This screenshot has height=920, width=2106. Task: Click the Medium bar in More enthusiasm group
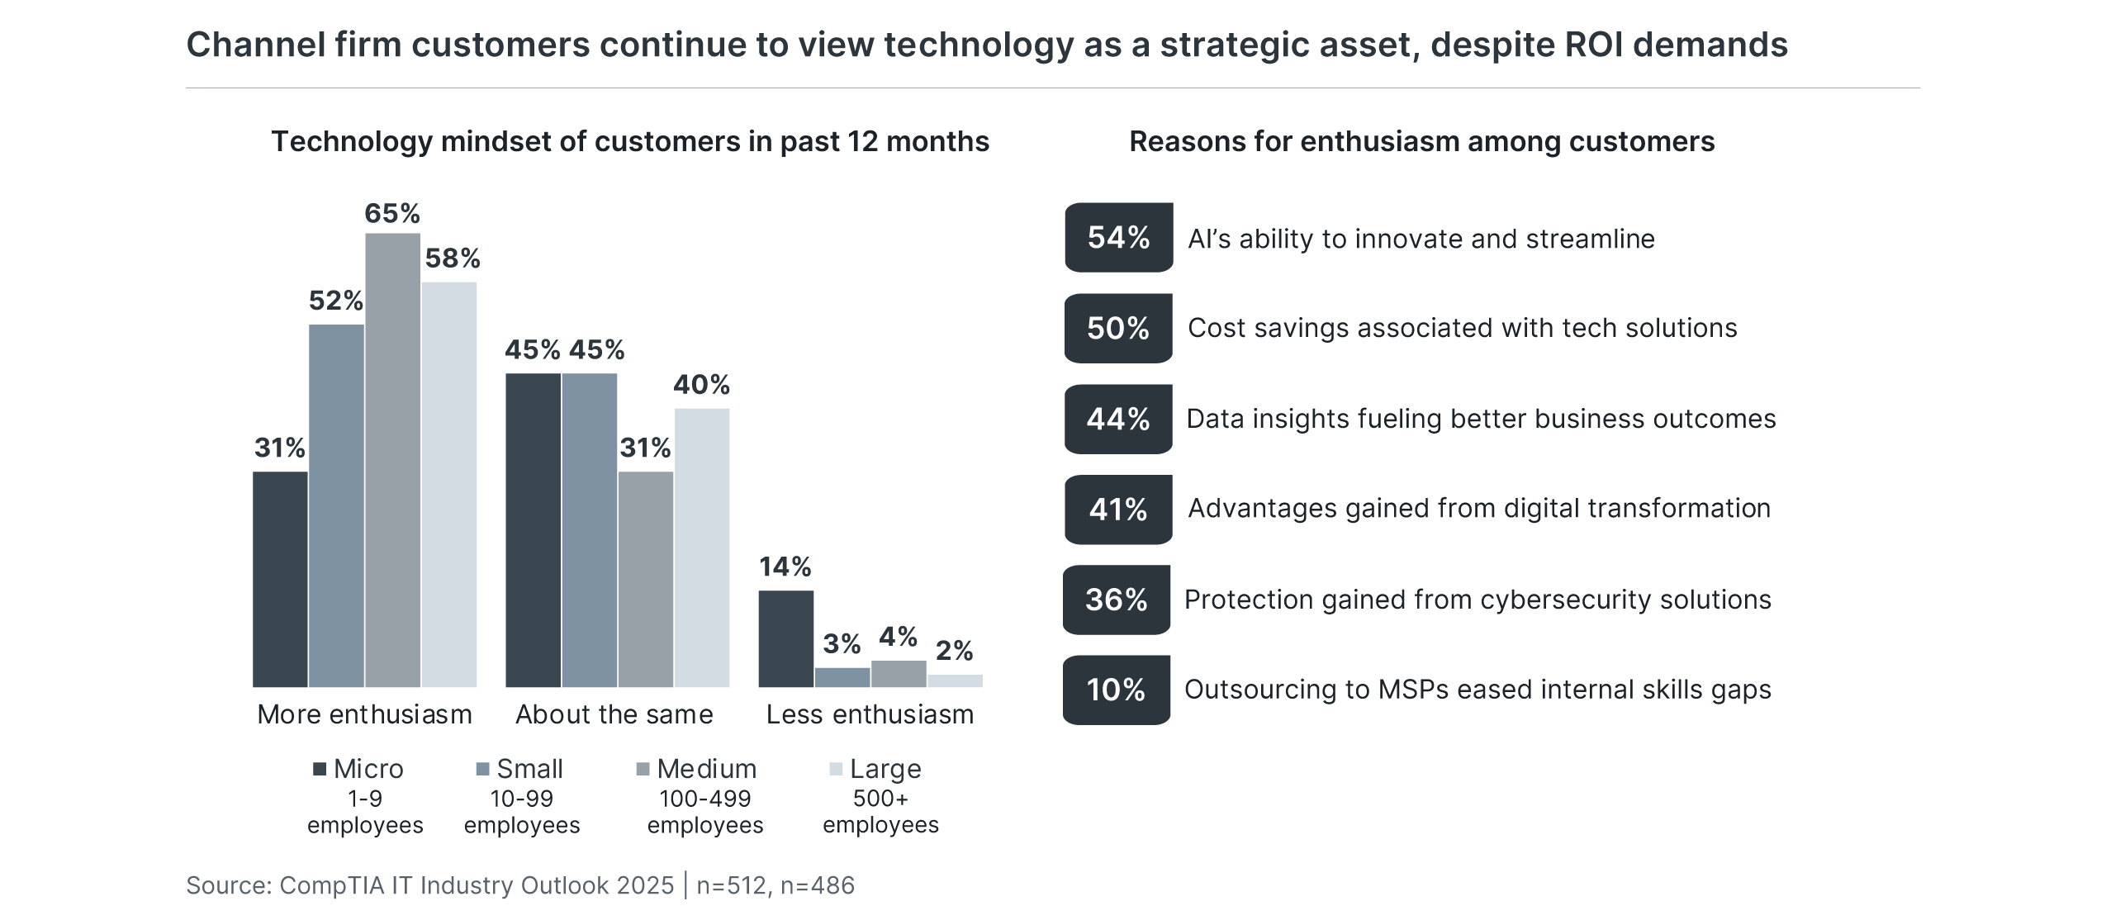click(x=392, y=459)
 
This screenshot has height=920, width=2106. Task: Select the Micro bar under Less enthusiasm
click(x=785, y=638)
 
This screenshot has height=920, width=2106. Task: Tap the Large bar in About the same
click(x=701, y=547)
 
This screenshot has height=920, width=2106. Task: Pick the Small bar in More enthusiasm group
click(x=336, y=505)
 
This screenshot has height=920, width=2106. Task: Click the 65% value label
click(x=392, y=214)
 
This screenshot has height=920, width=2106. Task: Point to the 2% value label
click(x=954, y=651)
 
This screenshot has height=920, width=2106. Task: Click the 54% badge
click(x=1118, y=238)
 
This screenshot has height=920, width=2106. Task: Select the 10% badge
click(x=1116, y=690)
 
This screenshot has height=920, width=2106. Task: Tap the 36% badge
click(x=1116, y=600)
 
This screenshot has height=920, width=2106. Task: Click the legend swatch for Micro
click(x=320, y=770)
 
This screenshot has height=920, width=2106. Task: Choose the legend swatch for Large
click(x=836, y=770)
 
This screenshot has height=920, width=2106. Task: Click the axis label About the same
click(x=614, y=714)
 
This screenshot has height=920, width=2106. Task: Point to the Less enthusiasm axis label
click(x=870, y=714)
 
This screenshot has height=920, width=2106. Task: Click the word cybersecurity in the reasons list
click(x=1565, y=600)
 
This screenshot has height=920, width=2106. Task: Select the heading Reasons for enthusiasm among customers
click(x=1421, y=142)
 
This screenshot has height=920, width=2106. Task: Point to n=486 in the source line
click(x=817, y=885)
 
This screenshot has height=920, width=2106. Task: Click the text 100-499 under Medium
click(x=704, y=799)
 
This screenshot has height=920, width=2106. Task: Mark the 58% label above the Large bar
click(x=452, y=258)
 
